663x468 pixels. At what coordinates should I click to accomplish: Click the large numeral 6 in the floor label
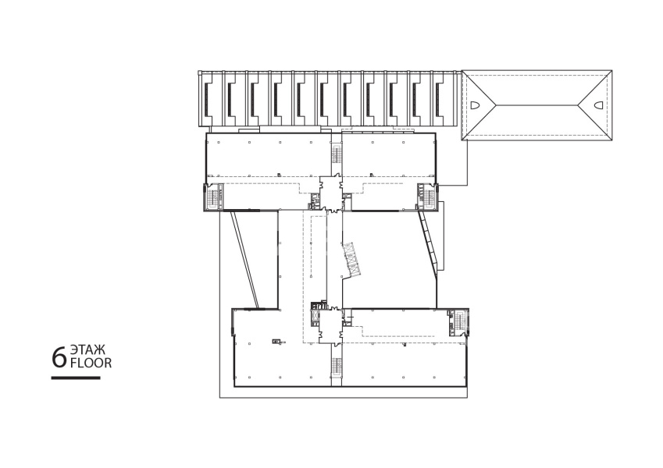(x=59, y=357)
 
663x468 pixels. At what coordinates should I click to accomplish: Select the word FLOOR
(x=91, y=363)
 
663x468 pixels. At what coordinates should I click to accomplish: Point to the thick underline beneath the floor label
(x=76, y=378)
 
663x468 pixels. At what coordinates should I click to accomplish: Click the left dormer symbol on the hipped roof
(x=472, y=105)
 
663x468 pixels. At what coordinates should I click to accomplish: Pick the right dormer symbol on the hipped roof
(x=599, y=105)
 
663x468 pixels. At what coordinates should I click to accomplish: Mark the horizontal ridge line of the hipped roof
(x=537, y=105)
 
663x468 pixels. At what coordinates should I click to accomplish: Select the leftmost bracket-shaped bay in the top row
(x=208, y=99)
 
